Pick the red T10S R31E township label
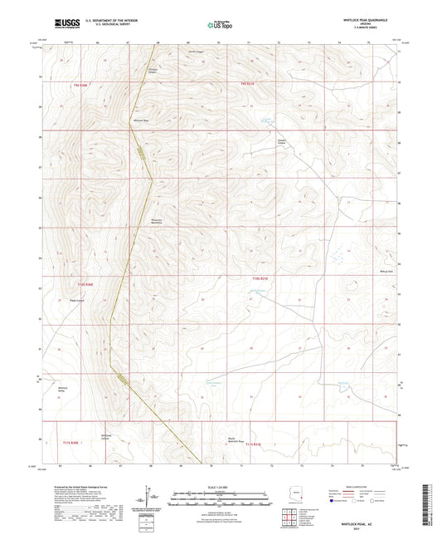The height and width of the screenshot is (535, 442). (260, 278)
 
